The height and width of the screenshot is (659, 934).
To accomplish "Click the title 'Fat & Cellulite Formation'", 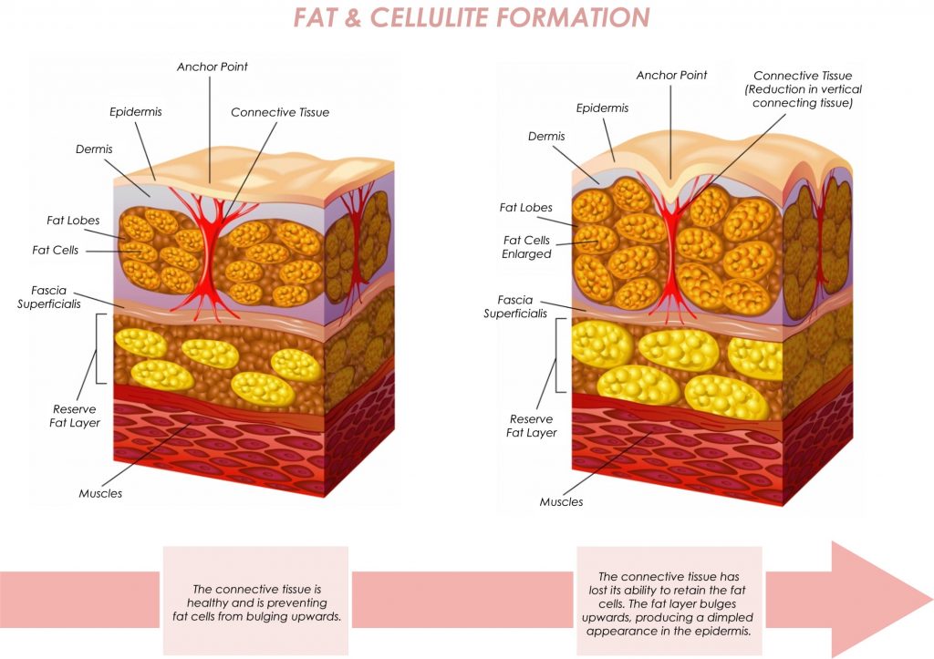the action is [472, 16].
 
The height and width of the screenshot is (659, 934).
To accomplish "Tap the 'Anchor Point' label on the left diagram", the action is [212, 67].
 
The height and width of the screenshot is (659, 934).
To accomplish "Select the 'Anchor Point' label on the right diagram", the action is [671, 75].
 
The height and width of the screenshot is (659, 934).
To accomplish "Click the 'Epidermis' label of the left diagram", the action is [135, 112].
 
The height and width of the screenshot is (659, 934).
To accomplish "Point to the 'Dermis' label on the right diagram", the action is [546, 137].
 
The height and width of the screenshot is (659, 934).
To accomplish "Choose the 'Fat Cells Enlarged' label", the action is [526, 247].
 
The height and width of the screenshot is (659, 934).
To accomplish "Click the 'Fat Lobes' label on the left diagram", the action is [73, 221].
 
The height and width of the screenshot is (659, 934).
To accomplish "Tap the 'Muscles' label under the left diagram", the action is [100, 493].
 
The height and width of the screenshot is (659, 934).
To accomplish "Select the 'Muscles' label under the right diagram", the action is [561, 502].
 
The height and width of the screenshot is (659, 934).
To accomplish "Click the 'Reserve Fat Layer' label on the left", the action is [75, 417].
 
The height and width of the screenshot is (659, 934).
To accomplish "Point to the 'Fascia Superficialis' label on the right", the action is [515, 306].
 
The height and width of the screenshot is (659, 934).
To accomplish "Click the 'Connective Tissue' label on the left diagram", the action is [280, 112].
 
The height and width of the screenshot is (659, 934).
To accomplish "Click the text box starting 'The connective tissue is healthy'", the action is [256, 600].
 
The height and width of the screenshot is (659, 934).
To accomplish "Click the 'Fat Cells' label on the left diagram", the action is [56, 250].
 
